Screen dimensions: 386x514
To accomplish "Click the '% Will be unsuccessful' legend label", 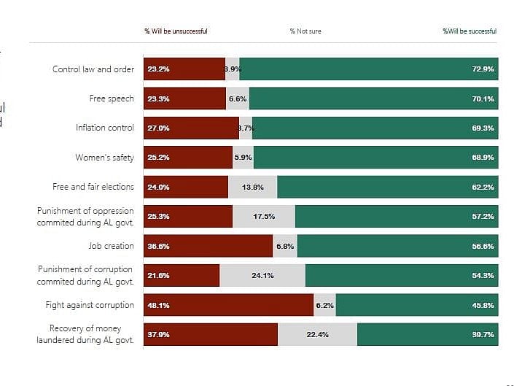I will click(x=176, y=31).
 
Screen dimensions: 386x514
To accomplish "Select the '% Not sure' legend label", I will click(x=305, y=31).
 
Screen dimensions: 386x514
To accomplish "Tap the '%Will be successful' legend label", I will click(x=470, y=31).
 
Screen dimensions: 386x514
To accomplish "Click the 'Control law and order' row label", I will click(x=93, y=69).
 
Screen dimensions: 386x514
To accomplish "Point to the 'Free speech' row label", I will click(x=112, y=99).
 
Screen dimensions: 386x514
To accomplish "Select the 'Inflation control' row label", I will click(x=105, y=128).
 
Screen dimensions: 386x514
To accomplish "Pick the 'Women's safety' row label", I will click(x=105, y=158).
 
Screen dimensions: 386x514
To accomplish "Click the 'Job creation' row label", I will click(x=112, y=246).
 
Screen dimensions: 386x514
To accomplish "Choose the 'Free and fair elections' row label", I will click(x=93, y=187).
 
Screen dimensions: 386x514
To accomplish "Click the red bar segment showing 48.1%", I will click(x=228, y=305).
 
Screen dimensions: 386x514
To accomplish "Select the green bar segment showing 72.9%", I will click(x=368, y=69).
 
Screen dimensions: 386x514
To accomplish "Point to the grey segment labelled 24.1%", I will click(x=262, y=275).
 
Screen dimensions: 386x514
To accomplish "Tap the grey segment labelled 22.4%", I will click(x=317, y=334).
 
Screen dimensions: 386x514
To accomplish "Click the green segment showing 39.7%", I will click(x=427, y=334).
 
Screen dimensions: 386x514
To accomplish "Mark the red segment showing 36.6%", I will click(x=208, y=246).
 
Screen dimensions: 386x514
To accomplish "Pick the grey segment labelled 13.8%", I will click(x=252, y=187).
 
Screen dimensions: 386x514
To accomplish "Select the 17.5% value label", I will click(x=264, y=217).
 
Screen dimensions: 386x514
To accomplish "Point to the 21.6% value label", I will click(x=158, y=275).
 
